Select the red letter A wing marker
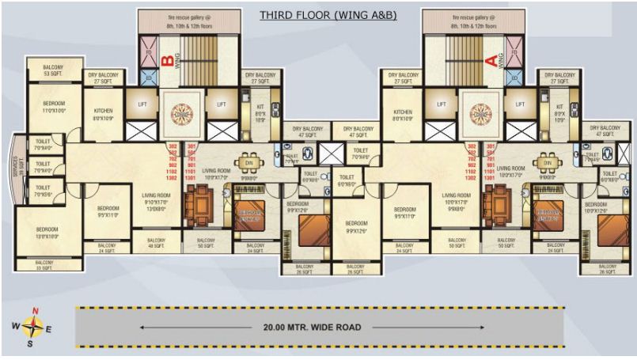490,59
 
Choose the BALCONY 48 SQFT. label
157,243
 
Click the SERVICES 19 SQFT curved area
15,169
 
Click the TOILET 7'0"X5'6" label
42,191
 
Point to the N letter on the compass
34,311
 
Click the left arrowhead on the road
143,326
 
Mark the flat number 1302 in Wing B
173,180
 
